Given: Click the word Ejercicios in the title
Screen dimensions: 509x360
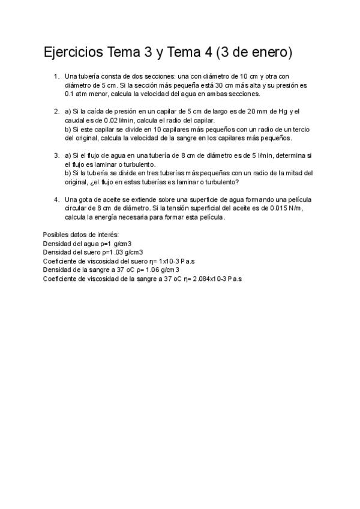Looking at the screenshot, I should pyautogui.click(x=73, y=53).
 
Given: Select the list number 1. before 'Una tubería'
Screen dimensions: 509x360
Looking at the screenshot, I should pyautogui.click(x=56, y=76).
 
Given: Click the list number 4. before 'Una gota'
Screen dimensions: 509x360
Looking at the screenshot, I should pyautogui.click(x=56, y=200).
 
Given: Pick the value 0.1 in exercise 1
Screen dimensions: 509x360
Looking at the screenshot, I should pyautogui.click(x=69, y=94).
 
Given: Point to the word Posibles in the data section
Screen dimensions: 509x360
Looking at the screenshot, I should pyautogui.click(x=56, y=235).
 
